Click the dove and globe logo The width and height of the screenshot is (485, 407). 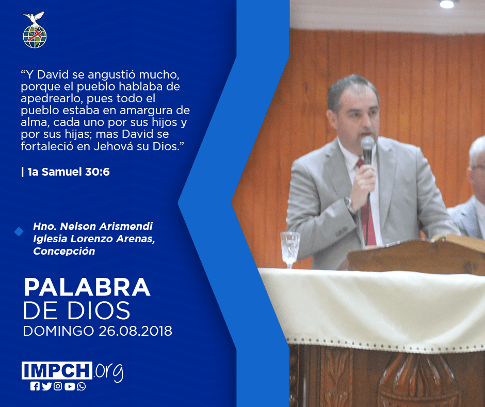(35, 30)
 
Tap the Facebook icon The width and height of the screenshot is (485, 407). (35, 386)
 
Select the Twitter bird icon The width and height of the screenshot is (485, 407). (46, 386)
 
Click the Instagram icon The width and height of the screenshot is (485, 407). (58, 386)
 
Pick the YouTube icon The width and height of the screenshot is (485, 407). (70, 386)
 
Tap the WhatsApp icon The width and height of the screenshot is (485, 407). (82, 386)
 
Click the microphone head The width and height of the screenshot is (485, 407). (367, 146)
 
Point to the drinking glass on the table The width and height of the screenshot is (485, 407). (290, 249)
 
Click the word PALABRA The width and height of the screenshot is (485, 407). (87, 288)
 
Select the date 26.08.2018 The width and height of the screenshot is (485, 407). (136, 331)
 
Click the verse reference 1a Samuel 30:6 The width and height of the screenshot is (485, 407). (68, 171)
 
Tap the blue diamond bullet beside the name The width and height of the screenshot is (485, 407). (19, 231)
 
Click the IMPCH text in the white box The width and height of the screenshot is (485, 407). (57, 370)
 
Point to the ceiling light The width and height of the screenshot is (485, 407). (447, 4)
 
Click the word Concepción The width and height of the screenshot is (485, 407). (64, 251)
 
